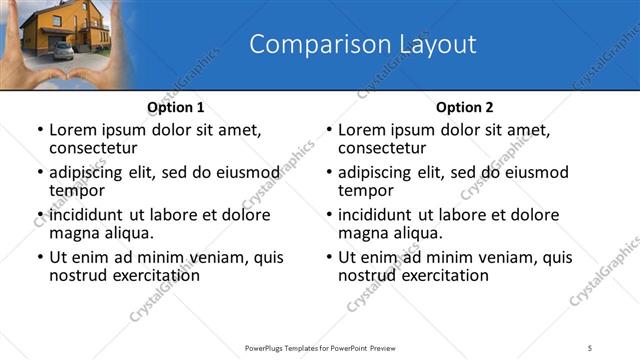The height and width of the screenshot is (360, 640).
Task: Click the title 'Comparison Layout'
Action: (362, 44)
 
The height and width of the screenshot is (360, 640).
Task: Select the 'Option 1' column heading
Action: (176, 107)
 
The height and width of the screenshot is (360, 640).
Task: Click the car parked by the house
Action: (62, 50)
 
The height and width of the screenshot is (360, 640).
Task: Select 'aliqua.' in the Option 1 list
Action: (127, 233)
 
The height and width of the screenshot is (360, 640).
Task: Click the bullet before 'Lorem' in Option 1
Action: (39, 130)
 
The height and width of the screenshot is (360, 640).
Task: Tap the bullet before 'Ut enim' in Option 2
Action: (328, 257)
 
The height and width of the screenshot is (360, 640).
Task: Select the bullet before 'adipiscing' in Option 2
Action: (328, 172)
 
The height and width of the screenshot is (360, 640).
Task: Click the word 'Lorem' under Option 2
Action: (360, 129)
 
